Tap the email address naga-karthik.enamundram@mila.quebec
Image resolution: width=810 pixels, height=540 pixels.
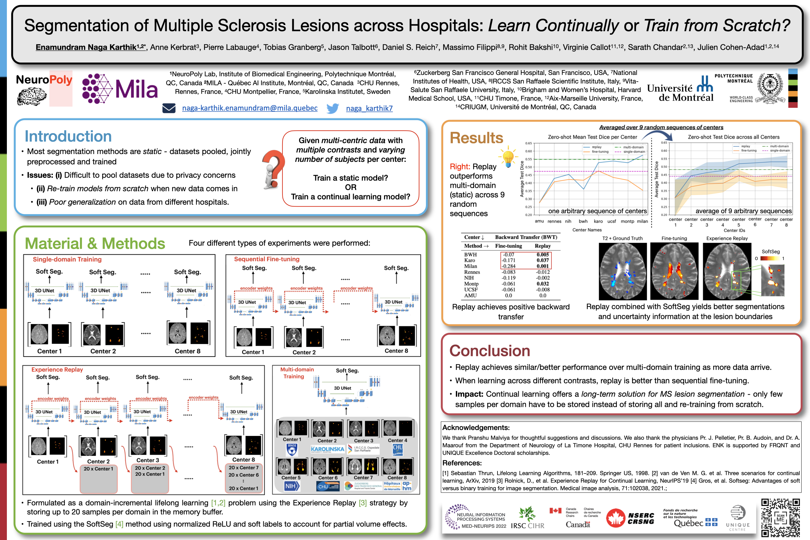250,108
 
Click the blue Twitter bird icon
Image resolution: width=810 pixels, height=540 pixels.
332,108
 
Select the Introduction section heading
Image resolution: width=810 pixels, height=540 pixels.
68,136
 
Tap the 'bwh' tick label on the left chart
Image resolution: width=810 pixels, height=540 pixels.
583,222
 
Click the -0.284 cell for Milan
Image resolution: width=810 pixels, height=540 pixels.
509,266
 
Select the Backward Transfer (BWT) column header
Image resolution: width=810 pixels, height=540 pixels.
526,237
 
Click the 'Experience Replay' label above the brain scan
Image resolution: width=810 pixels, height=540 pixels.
727,238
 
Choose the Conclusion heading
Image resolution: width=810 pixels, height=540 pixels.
489,351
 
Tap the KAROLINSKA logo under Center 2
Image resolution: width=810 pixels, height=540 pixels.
327,449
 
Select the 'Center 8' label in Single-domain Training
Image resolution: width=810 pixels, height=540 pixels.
187,351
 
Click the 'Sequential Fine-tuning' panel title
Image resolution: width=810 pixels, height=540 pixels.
267,259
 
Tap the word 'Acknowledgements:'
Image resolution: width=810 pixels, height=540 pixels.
476,428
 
